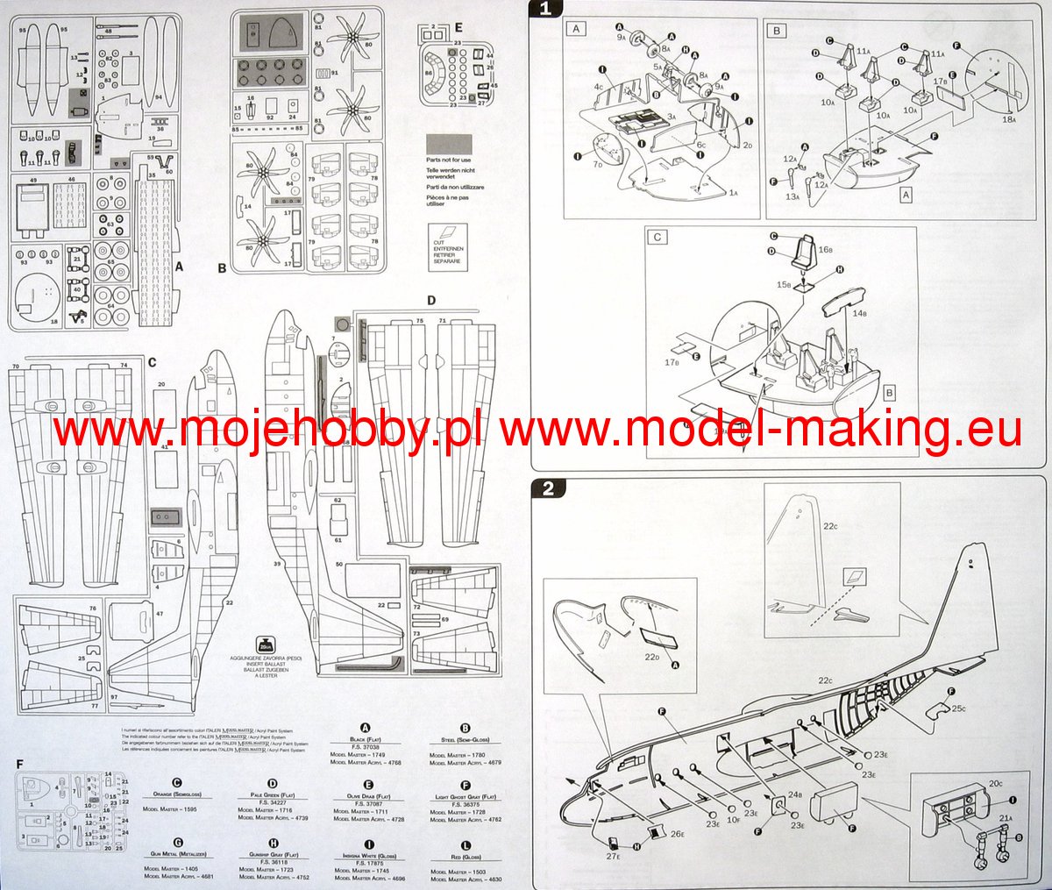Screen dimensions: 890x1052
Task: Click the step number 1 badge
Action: point(546,10)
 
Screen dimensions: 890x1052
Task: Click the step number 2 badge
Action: point(549,488)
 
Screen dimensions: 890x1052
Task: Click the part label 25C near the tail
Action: point(957,708)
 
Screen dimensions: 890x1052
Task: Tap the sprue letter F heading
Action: point(19,764)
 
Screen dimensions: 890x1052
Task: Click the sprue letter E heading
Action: point(458,26)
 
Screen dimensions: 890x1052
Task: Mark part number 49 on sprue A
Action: point(33,180)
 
